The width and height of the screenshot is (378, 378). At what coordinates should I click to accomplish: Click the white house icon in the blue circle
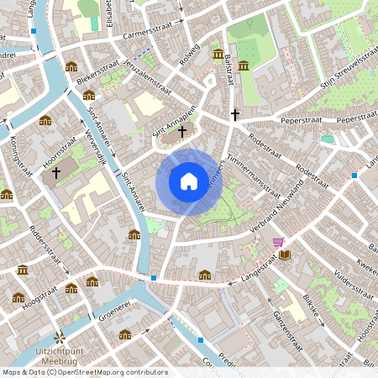click(x=188, y=181)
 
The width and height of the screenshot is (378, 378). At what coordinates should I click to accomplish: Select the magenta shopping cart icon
click(x=278, y=242)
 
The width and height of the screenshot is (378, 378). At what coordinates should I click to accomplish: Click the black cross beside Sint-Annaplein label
click(x=181, y=131)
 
